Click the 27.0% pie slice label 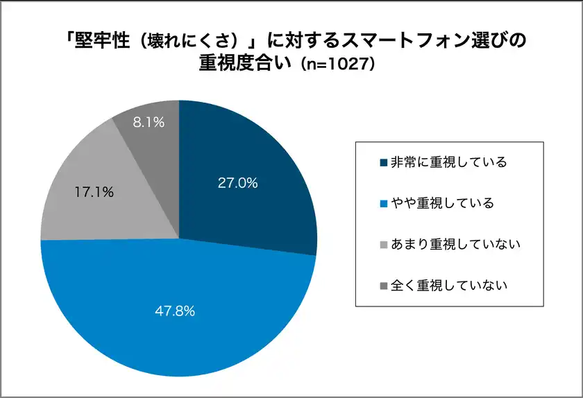click(237, 184)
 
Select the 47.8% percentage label click(174, 311)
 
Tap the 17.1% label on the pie click(94, 192)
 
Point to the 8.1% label click(149, 123)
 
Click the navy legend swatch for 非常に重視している click(384, 163)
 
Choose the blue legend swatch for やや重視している click(384, 204)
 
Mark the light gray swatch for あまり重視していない click(384, 244)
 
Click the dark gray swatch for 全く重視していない click(384, 285)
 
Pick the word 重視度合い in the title click(242, 64)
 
